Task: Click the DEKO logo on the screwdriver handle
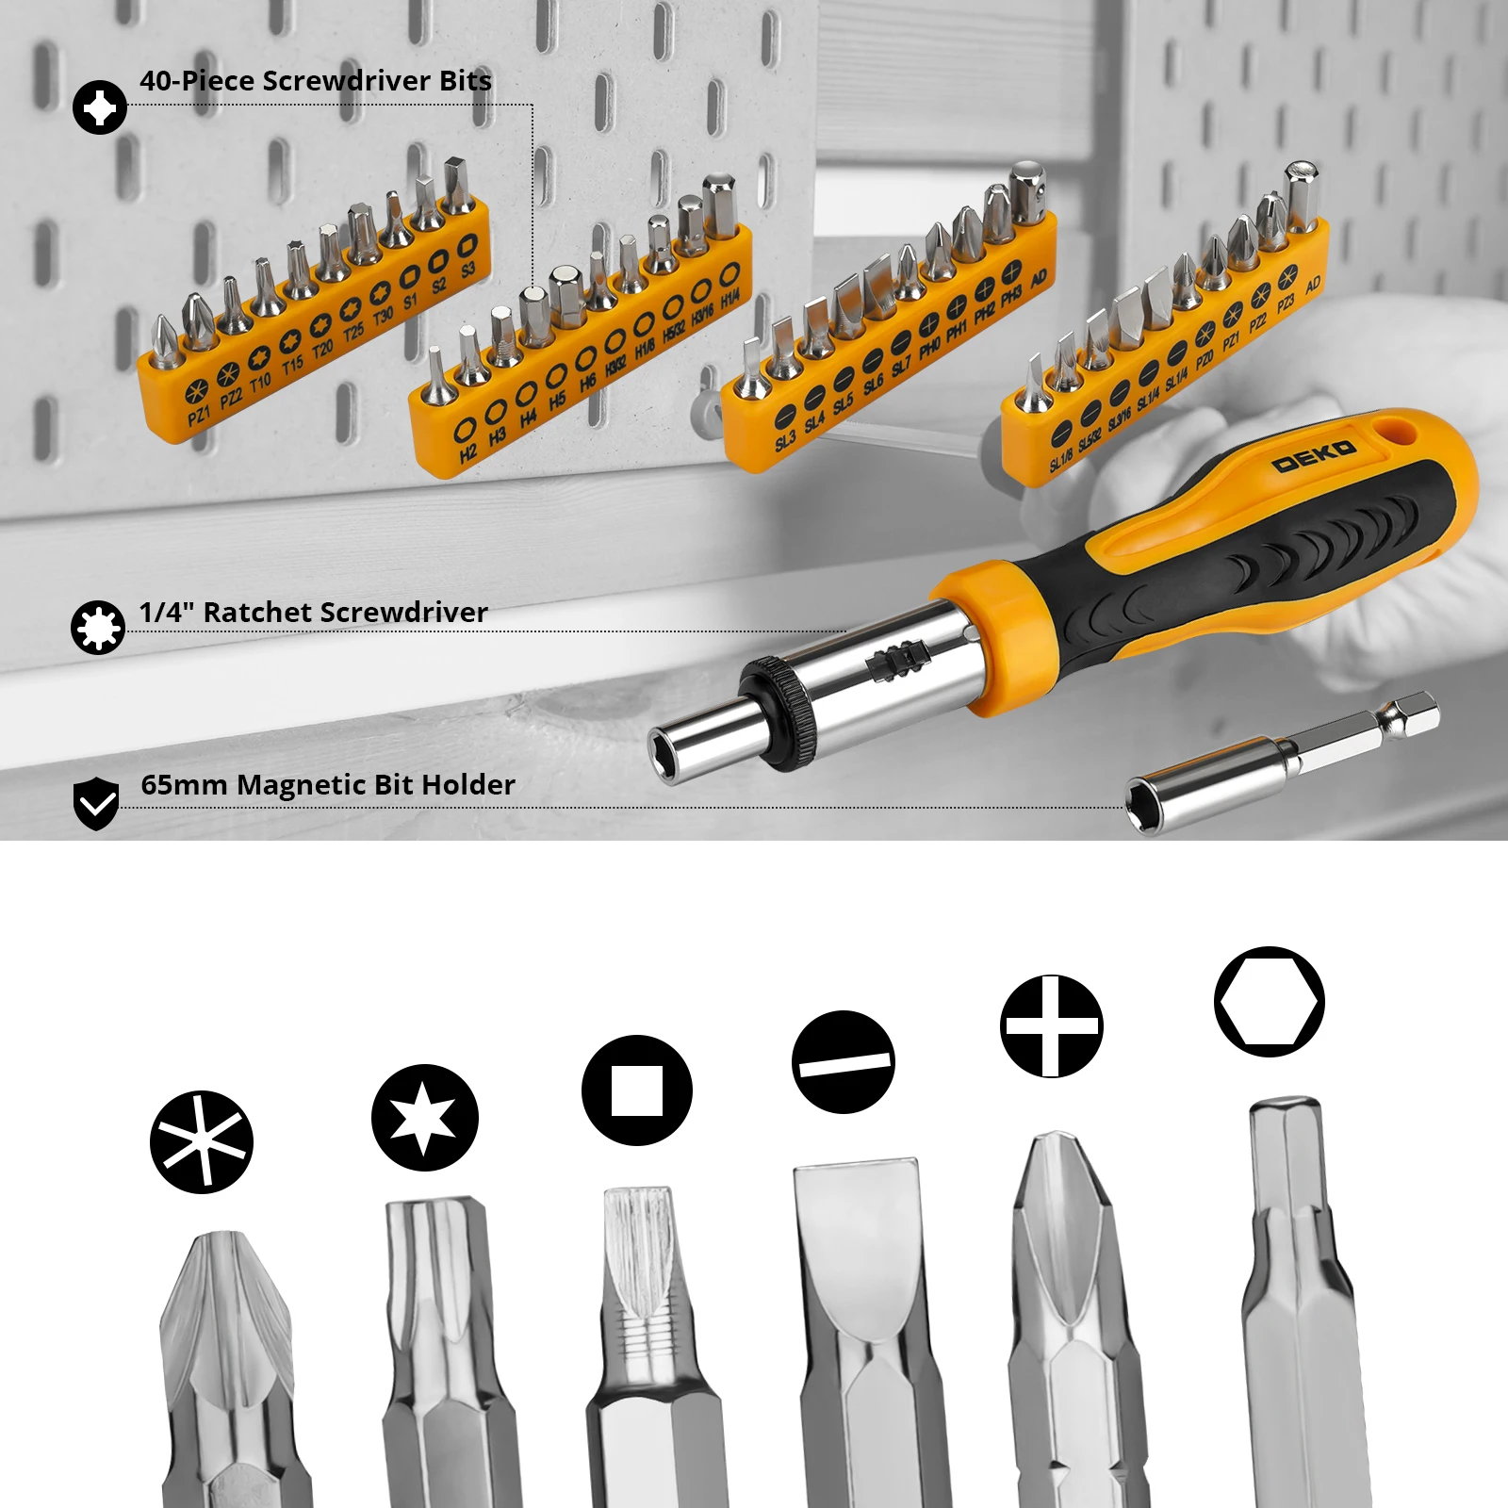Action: click(x=1314, y=455)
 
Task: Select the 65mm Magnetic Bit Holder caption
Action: click(x=328, y=785)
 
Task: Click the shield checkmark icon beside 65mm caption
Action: click(x=96, y=803)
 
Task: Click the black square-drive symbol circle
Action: click(x=637, y=1090)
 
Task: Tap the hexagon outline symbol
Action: click(x=1270, y=1001)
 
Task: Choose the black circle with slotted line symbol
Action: click(x=844, y=1062)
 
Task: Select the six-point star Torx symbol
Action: click(x=425, y=1118)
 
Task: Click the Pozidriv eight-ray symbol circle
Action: click(x=202, y=1142)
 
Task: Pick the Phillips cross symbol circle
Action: click(x=1052, y=1025)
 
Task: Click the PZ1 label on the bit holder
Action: click(x=199, y=414)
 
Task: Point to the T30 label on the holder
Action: click(x=383, y=316)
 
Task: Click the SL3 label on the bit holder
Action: click(x=785, y=440)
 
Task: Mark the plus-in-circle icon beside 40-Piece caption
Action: click(x=100, y=107)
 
